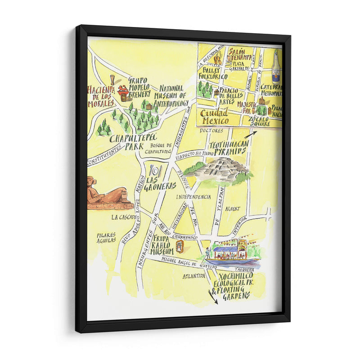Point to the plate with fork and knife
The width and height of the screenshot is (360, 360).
click(156, 171)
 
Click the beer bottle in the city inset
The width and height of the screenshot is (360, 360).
click(275, 67)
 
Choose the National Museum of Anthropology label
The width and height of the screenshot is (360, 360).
click(171, 96)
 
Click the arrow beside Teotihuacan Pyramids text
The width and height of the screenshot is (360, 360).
click(250, 135)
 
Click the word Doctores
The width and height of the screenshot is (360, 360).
click(211, 130)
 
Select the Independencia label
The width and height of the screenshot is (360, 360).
click(193, 197)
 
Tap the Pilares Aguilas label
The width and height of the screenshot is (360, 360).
click(106, 238)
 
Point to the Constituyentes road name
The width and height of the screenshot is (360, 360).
click(105, 156)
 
